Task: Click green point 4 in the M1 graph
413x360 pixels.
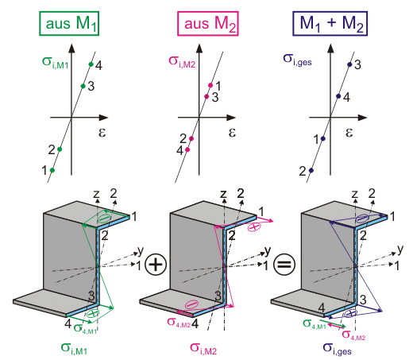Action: [x=91, y=64]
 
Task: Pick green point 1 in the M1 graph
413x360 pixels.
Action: [x=52, y=170]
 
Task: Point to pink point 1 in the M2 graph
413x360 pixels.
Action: [x=210, y=85]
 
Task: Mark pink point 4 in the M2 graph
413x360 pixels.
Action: [x=187, y=149]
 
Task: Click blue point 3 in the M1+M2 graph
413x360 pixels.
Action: [x=349, y=64]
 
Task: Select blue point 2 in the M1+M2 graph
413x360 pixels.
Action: [x=311, y=170]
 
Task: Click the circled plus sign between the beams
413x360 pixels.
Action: [x=156, y=265]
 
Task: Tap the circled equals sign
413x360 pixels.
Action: [x=284, y=265]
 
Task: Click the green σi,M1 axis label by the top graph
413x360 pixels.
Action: [x=56, y=63]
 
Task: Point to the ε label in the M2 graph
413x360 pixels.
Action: [x=232, y=132]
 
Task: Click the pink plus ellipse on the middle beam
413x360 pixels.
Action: [x=254, y=227]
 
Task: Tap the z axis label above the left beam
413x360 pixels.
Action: [x=96, y=194]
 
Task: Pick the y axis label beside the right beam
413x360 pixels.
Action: [x=400, y=250]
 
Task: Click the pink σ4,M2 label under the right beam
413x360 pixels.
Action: [x=353, y=335]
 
